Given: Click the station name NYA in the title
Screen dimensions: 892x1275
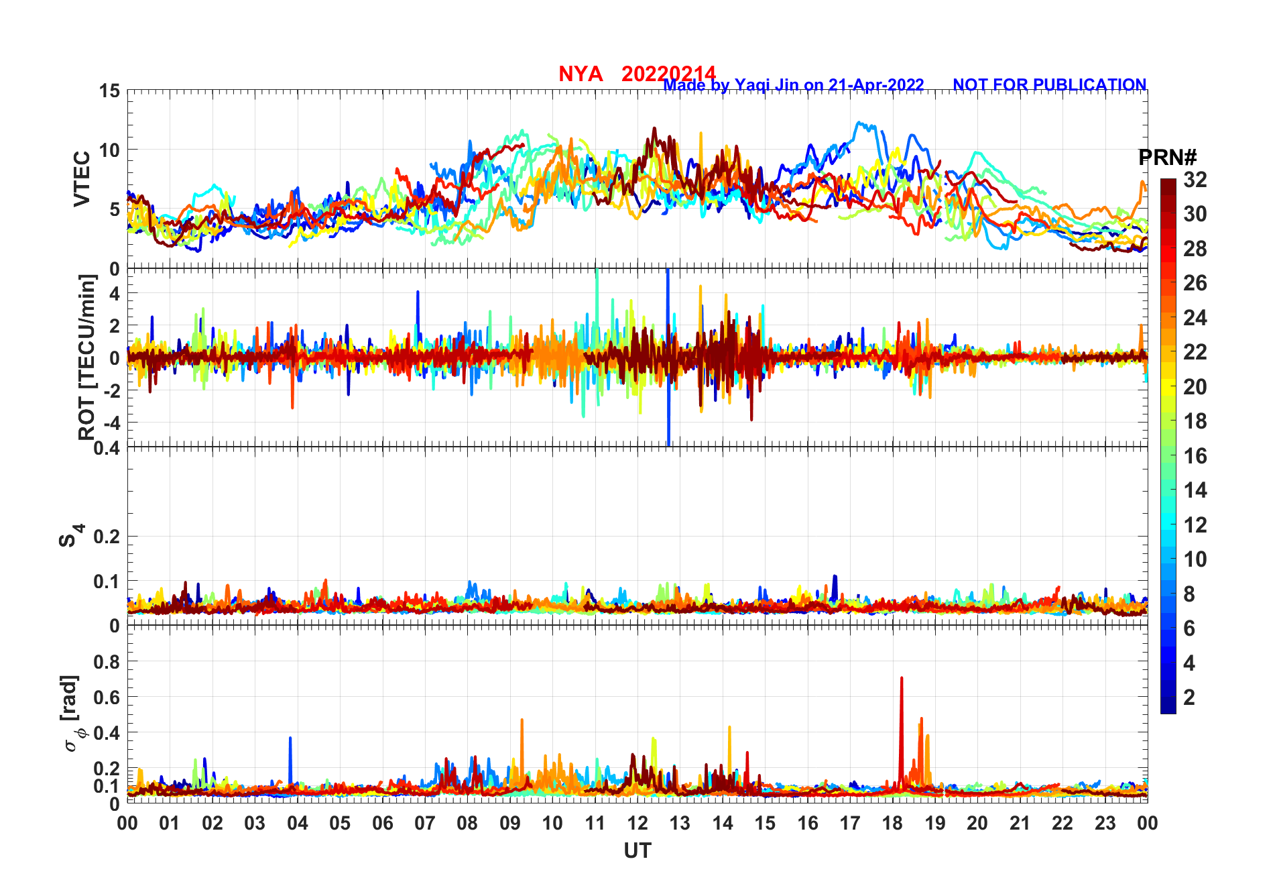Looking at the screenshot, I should point(580,74).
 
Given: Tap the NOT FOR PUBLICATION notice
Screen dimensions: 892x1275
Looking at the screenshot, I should point(1049,85).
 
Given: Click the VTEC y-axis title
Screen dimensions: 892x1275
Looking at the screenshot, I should point(82,179).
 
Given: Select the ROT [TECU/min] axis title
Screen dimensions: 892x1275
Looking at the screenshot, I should point(87,357).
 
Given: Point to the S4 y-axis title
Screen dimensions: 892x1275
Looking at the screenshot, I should point(70,536).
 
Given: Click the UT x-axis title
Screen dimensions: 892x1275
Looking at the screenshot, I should point(637,850).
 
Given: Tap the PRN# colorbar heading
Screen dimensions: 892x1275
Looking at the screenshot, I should point(1167,158).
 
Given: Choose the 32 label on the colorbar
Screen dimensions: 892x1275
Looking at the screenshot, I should point(1195,180).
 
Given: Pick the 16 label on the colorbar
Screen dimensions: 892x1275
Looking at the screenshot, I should point(1195,456).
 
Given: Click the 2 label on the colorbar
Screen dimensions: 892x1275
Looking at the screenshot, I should point(1189,698).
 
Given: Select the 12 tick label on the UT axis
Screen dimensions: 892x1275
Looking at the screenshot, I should point(637,823).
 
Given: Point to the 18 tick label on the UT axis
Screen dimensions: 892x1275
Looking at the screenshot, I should point(892,823).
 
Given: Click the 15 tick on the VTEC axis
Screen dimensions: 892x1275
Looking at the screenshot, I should point(109,91).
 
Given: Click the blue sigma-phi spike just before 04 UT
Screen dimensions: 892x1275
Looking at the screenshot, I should point(290,740).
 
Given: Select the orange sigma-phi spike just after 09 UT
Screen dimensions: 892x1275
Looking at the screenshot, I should point(522,722).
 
